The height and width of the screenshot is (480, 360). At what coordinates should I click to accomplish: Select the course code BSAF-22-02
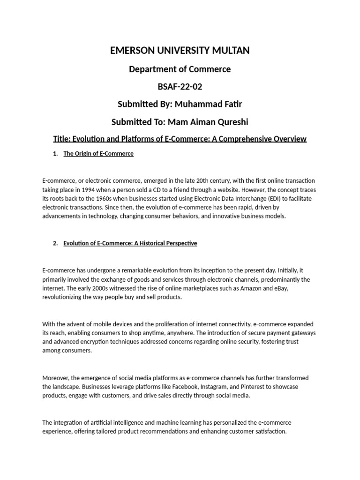(x=180, y=87)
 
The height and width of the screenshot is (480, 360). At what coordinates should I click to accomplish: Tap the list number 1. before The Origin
(x=55, y=154)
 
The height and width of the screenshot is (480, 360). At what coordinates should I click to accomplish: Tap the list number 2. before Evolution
(x=55, y=243)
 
